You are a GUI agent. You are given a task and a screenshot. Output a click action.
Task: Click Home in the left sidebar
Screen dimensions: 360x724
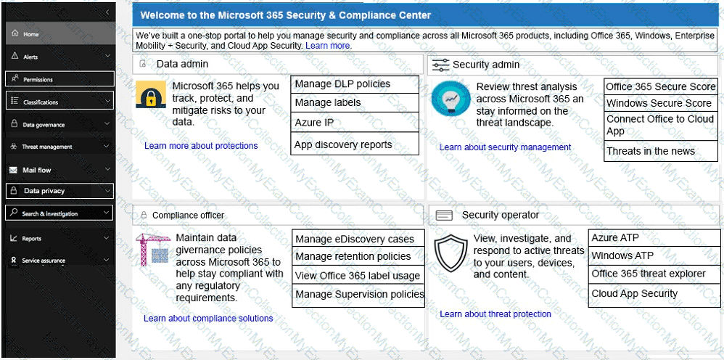[31, 34]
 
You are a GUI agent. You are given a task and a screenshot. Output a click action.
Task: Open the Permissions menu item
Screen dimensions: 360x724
[38, 79]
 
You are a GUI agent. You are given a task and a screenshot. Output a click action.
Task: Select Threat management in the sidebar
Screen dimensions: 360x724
[47, 147]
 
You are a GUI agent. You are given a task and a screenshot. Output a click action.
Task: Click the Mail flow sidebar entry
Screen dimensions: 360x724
[36, 170]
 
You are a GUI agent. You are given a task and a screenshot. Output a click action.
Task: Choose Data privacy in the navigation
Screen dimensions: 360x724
[44, 191]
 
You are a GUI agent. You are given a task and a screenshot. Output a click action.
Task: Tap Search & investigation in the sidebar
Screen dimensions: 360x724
[49, 214]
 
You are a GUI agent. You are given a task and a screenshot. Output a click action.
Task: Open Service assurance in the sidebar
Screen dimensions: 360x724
[44, 261]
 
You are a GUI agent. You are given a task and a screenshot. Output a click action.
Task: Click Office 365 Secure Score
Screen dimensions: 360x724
[660, 86]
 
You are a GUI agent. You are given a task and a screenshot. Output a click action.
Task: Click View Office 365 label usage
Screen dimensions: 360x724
[357, 276]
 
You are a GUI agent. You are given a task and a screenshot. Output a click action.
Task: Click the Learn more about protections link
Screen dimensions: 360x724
[201, 146]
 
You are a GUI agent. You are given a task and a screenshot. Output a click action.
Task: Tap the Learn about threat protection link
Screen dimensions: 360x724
[495, 314]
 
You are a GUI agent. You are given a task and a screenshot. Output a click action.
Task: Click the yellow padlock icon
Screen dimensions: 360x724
[151, 95]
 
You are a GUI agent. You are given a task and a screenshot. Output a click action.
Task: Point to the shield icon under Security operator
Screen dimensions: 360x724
[451, 254]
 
